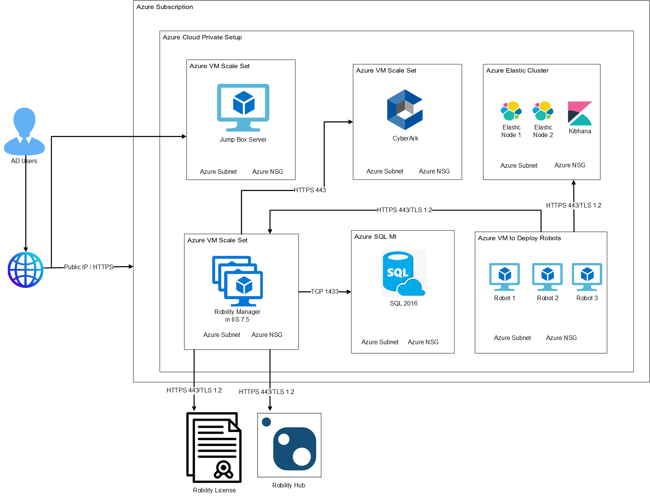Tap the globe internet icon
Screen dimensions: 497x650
26,270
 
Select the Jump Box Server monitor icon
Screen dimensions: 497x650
243,107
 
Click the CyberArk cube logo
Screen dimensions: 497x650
405,110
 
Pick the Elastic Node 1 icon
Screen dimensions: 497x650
511,111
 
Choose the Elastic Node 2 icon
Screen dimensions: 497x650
543,111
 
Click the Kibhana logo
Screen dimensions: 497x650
580,113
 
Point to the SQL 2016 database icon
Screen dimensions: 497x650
403,273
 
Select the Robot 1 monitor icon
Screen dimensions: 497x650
504,276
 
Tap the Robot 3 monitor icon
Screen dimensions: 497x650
587,276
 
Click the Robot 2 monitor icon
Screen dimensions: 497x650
547,276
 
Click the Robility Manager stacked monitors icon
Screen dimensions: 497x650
237,281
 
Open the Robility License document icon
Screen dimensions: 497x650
214,447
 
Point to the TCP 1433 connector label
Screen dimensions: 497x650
324,292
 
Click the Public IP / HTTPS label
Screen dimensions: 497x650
88,267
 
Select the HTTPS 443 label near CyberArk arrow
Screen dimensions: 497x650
309,190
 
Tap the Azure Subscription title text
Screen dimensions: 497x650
165,7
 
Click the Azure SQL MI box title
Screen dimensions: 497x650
375,237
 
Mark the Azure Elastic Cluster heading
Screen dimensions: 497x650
517,70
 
